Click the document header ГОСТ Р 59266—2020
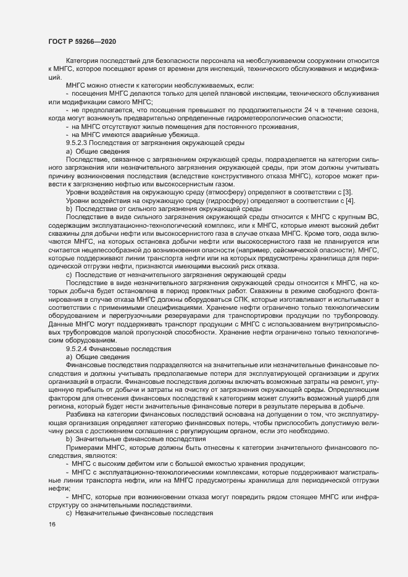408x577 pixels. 81,41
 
